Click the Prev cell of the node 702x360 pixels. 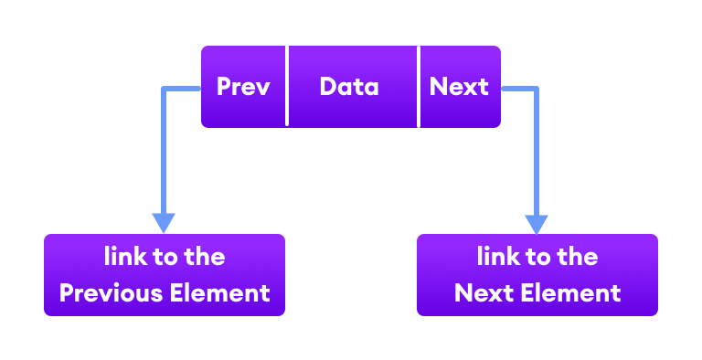pos(243,87)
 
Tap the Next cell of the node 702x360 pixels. pos(459,87)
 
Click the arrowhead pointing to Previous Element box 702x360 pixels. pos(164,223)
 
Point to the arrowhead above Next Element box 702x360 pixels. pos(537,223)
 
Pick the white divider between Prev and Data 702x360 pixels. pos(288,87)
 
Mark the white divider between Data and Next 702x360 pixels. pos(420,87)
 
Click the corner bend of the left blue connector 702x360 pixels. pos(165,89)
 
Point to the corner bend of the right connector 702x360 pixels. pos(537,89)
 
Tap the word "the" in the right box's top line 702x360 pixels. pos(577,257)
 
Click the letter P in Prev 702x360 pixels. pos(224,87)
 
